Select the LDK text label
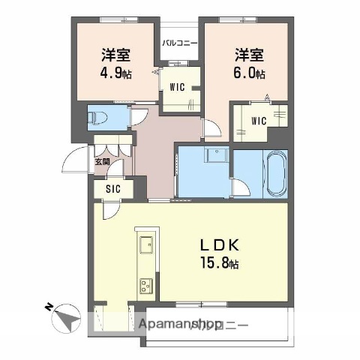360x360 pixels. [219, 245]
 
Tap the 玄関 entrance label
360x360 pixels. [101, 160]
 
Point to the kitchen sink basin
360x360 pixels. [145, 244]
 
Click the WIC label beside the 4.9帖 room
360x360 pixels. [178, 86]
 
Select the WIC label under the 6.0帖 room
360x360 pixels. [259, 120]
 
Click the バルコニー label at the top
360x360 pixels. [180, 43]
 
